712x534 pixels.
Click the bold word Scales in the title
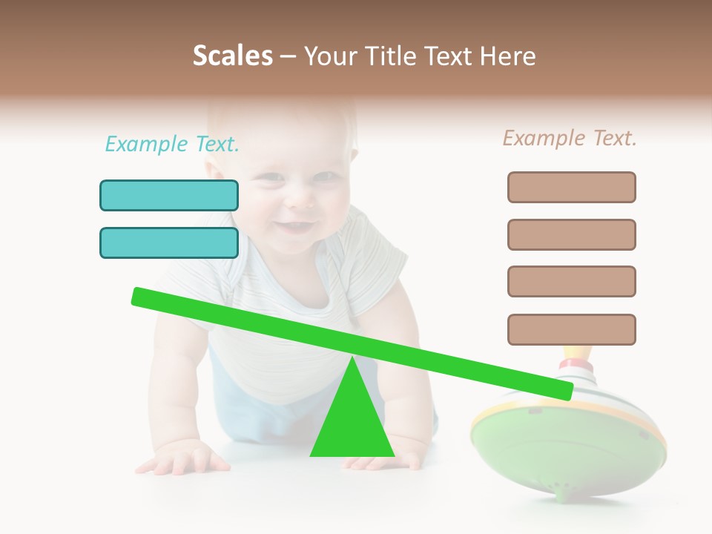(x=232, y=56)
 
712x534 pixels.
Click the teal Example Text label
(x=172, y=144)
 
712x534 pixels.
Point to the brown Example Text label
(x=570, y=138)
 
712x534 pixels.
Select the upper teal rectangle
(x=169, y=195)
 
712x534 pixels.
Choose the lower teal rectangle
(x=169, y=243)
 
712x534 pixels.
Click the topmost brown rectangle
(x=571, y=187)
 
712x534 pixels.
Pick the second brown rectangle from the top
(x=571, y=234)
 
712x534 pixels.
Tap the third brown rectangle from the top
(x=571, y=281)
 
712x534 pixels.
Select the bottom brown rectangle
(x=571, y=329)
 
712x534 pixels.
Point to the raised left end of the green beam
(x=141, y=296)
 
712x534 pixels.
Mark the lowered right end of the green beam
(x=564, y=390)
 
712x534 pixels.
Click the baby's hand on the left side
(x=182, y=456)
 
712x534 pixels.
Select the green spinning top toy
(x=567, y=445)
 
